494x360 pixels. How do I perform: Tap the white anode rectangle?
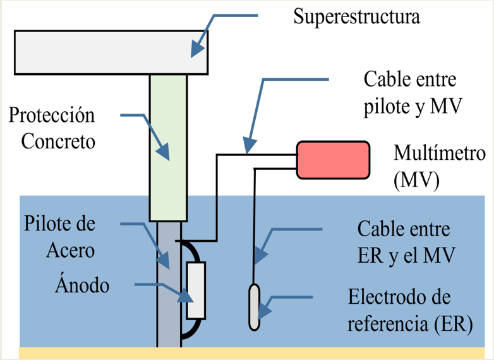pyautogui.click(x=196, y=290)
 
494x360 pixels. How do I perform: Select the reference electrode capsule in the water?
pyautogui.click(x=254, y=306)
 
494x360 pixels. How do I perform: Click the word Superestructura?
pyautogui.click(x=356, y=16)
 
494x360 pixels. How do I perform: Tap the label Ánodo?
pyautogui.click(x=81, y=285)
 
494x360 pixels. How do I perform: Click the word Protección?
pyautogui.click(x=52, y=116)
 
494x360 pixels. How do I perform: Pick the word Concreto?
pyautogui.click(x=58, y=141)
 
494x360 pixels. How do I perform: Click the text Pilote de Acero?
pyautogui.click(x=69, y=237)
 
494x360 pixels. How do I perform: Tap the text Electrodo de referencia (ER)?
pyautogui.click(x=410, y=310)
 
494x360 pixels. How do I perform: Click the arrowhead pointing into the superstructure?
pyautogui.click(x=196, y=49)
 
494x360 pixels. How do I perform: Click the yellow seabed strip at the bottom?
pyautogui.click(x=253, y=353)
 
